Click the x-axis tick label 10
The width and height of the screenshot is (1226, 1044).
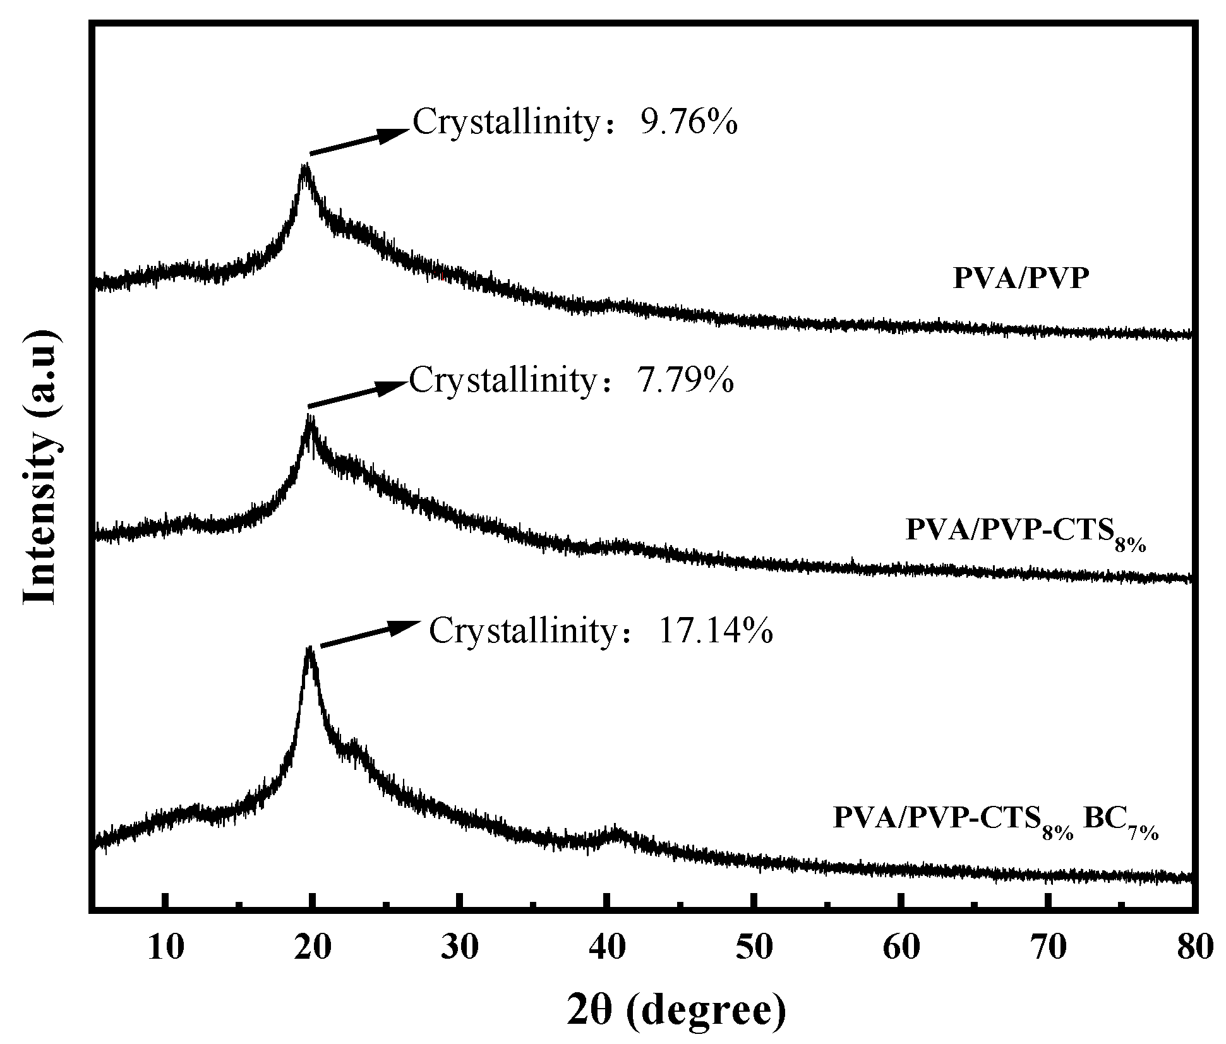tap(165, 948)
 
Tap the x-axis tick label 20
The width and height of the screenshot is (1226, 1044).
tap(312, 948)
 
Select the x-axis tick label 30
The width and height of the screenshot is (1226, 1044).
tap(460, 948)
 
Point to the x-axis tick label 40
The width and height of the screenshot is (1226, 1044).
tap(607, 948)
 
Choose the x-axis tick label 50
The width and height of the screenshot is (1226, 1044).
tap(754, 948)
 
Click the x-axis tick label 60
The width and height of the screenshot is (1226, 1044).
tap(901, 948)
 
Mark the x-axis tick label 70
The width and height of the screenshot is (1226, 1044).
tap(1049, 948)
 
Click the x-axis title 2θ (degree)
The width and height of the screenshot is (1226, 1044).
tap(676, 1009)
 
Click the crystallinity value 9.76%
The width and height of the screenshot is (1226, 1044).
tap(688, 122)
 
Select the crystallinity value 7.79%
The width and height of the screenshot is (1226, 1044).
tap(685, 380)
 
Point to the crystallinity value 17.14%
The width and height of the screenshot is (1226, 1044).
tap(715, 630)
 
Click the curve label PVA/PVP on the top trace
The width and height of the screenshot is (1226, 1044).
tap(1021, 279)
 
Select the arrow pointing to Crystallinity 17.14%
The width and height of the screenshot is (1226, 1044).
tap(369, 633)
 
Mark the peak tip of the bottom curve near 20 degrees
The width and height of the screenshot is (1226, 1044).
tap(309, 651)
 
